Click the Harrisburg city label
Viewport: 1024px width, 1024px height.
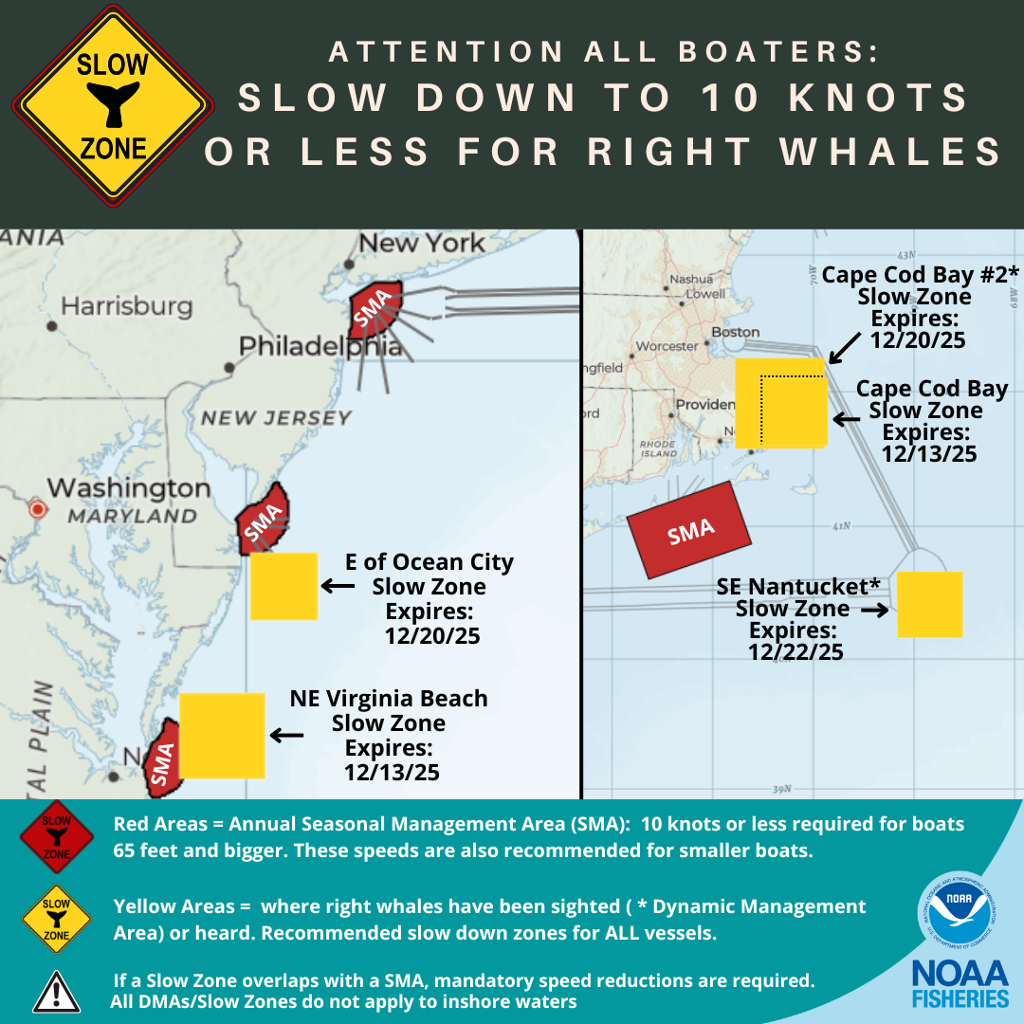click(x=126, y=306)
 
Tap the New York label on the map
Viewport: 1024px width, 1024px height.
click(x=421, y=243)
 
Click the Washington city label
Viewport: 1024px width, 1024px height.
click(x=128, y=488)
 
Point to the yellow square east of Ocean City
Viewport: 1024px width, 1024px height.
click(x=283, y=586)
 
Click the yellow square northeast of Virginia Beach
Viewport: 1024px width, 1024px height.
click(x=222, y=735)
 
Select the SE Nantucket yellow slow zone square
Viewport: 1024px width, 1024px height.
click(x=929, y=604)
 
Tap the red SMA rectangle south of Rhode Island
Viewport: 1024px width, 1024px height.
click(x=689, y=530)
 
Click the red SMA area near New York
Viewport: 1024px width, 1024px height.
click(x=375, y=308)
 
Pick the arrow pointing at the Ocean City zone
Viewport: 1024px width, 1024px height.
click(x=337, y=587)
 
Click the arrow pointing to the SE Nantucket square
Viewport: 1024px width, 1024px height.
click(x=875, y=610)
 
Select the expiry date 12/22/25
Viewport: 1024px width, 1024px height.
click(x=795, y=651)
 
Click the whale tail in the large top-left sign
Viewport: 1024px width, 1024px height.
click(x=113, y=103)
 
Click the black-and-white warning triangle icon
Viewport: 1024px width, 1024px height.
click(x=56, y=992)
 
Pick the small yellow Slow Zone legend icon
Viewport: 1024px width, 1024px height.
click(x=56, y=918)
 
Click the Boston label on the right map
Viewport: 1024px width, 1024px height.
click(x=736, y=332)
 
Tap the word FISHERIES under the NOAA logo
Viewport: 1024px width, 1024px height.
click(x=960, y=998)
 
